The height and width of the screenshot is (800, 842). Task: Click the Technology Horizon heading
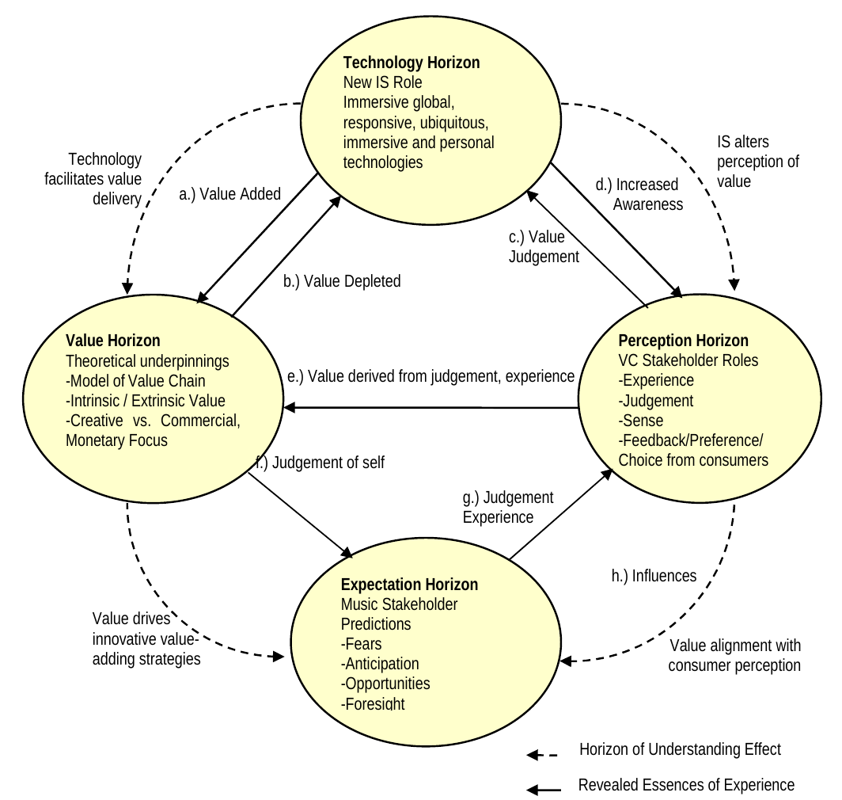(412, 63)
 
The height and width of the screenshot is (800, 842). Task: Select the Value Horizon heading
(113, 341)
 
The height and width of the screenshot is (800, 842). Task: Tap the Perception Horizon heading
(683, 341)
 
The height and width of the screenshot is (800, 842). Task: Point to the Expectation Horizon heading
(409, 585)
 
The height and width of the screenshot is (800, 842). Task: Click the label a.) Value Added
(229, 194)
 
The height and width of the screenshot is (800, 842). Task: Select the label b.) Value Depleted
(342, 280)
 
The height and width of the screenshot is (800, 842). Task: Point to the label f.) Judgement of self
(320, 462)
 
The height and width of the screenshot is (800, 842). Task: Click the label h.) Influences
(654, 576)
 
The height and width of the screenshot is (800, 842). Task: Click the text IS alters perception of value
(757, 162)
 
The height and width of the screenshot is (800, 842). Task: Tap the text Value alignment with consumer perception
(734, 654)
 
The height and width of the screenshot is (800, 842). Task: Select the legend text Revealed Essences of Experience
(686, 785)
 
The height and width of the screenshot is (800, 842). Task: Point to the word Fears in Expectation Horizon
(363, 644)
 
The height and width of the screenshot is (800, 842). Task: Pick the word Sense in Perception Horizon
(643, 420)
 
